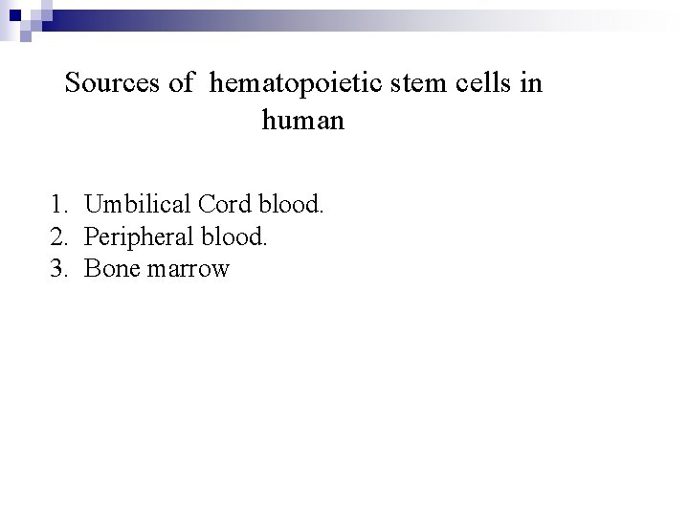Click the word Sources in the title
[115, 84]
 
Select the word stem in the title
[403, 84]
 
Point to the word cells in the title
[475, 84]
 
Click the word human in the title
[301, 122]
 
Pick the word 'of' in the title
[181, 84]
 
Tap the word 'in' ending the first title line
[532, 84]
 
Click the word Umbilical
[137, 204]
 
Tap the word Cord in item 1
[224, 204]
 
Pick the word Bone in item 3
[110, 269]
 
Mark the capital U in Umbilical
[93, 204]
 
